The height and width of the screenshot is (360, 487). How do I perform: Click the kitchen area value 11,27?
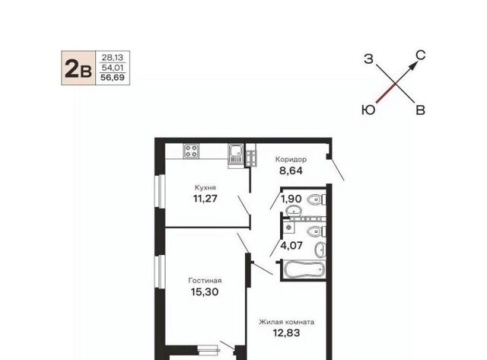coord(205,198)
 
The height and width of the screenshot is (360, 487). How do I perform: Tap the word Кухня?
coord(205,187)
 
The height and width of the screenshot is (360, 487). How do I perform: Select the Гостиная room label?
coord(205,281)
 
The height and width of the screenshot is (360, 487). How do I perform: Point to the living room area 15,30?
coord(205,292)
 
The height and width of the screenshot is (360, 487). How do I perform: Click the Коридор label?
coord(291,159)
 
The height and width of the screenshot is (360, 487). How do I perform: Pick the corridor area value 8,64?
coord(291,170)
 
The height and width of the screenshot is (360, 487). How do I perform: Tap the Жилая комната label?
coord(286,322)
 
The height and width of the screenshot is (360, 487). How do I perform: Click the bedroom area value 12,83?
coord(286,333)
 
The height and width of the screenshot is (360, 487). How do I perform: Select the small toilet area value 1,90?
coord(291,199)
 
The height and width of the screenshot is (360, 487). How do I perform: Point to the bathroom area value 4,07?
coord(291,246)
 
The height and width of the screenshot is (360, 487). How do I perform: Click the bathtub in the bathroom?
coord(304,270)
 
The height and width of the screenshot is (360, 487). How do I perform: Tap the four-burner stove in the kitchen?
coord(191,151)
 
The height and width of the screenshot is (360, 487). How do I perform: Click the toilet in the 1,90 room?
coord(317,199)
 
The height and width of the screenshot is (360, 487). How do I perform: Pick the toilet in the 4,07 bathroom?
coord(317,231)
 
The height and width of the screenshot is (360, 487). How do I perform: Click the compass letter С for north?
coord(420,56)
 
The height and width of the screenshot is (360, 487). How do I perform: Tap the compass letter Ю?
coord(368,110)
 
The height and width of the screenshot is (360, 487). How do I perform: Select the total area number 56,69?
coord(113,78)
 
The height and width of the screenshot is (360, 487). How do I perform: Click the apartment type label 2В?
coord(78,68)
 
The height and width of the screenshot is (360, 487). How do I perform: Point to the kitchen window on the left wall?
coord(161,191)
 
